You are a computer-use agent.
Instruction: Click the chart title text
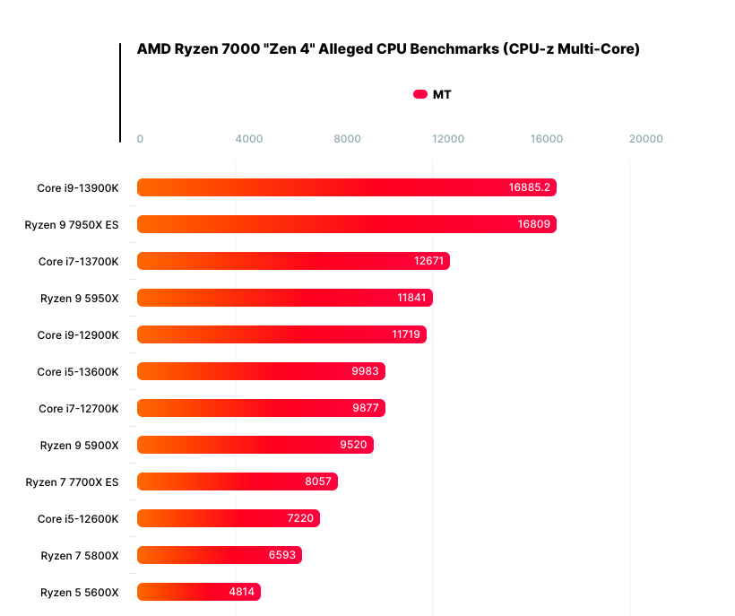(x=388, y=49)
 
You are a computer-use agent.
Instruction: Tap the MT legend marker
(x=420, y=94)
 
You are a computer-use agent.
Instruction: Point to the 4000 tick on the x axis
(x=248, y=139)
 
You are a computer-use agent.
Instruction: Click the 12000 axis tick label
(x=447, y=139)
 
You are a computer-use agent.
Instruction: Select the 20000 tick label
(x=645, y=139)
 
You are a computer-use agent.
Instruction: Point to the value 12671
(x=428, y=261)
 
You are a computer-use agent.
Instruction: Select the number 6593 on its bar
(x=282, y=555)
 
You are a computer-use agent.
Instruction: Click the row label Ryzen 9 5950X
(x=79, y=298)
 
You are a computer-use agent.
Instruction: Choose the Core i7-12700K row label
(x=78, y=408)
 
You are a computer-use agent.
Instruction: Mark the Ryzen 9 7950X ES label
(x=72, y=224)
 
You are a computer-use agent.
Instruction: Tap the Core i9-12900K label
(x=78, y=334)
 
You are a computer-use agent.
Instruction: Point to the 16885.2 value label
(x=529, y=187)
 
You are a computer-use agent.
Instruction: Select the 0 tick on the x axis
(x=140, y=139)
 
